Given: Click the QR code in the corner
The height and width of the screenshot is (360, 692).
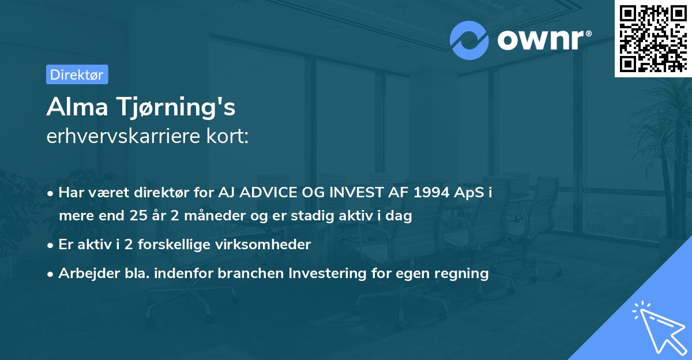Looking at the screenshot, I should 652,39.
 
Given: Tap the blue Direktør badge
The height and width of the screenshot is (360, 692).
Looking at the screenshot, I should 77,74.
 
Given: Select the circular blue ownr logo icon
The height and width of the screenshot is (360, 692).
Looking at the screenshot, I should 469,40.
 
